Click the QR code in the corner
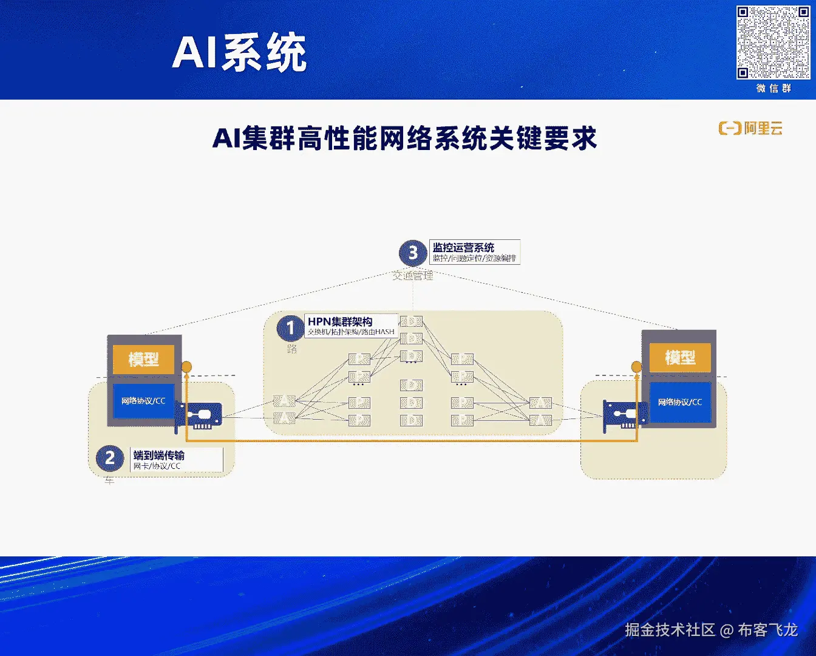tap(773, 43)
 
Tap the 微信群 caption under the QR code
tap(773, 89)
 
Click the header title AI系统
tap(239, 53)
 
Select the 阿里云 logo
tap(750, 128)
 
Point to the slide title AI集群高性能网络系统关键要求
tap(404, 139)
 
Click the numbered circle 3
tap(413, 252)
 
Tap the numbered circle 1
tap(290, 329)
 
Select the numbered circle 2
tap(110, 457)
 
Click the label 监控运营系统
tap(463, 247)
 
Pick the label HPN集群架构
tap(340, 321)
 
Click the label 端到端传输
tap(159, 455)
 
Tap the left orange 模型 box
tap(143, 359)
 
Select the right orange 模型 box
tap(680, 357)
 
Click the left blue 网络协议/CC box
tap(143, 401)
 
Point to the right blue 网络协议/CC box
tap(680, 402)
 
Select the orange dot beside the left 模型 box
tap(187, 367)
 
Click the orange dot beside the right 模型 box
tap(636, 367)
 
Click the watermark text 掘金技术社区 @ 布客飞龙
tap(711, 630)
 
